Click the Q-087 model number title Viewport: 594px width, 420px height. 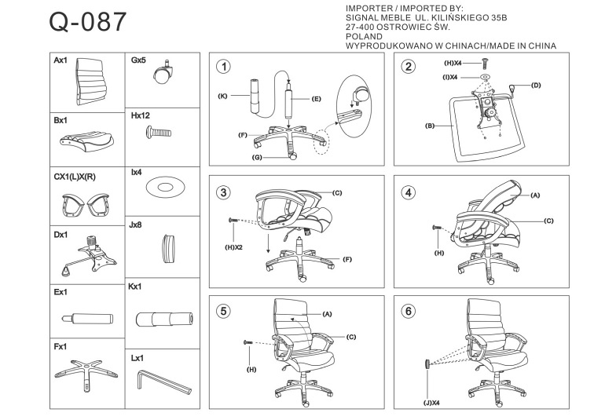coord(86,22)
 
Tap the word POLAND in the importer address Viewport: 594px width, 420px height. coord(364,36)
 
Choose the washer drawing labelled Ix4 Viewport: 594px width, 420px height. coord(163,188)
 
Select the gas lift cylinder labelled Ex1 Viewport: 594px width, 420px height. coord(85,319)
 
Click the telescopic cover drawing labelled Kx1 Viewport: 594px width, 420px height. coord(164,319)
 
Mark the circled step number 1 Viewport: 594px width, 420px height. coord(225,67)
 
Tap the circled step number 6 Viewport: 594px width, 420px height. coord(408,311)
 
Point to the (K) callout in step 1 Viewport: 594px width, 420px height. coord(222,95)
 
